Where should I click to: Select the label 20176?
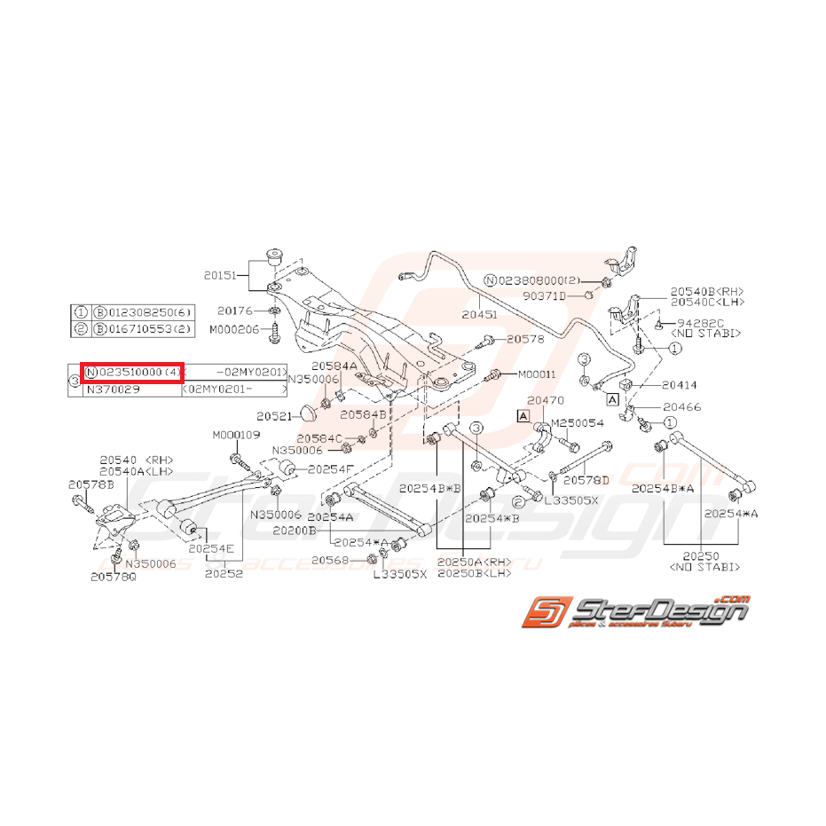click(236, 311)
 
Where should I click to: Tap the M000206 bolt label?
click(234, 329)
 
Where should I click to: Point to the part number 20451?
click(480, 313)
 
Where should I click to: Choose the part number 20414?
click(680, 385)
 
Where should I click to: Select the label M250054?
click(578, 422)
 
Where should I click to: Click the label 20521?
click(275, 416)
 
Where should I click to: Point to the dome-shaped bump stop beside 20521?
click(308, 412)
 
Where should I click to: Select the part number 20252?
click(224, 573)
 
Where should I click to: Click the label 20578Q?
click(113, 576)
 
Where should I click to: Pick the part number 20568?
click(330, 559)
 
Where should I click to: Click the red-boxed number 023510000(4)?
click(132, 373)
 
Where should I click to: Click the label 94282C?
click(701, 323)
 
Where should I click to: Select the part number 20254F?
click(331, 468)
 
